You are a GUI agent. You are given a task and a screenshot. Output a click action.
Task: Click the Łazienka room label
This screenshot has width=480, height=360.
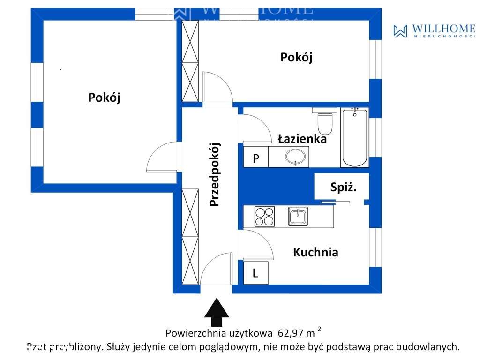302,139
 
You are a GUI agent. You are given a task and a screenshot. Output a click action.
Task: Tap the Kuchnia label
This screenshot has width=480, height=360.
315,252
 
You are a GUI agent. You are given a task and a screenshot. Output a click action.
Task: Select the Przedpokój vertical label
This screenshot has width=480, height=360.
215,174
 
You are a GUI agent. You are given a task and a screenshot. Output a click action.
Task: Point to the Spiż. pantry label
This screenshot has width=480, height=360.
344,188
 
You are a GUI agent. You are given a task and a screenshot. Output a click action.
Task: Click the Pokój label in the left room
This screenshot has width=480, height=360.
105,97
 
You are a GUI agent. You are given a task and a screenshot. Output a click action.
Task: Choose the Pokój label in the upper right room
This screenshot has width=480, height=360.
296,57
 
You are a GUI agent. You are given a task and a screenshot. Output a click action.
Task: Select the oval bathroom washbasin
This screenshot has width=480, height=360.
295,157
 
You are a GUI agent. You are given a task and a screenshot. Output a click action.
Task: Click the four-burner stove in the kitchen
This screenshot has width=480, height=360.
264,217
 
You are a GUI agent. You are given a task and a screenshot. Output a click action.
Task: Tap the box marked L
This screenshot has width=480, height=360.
255,273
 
